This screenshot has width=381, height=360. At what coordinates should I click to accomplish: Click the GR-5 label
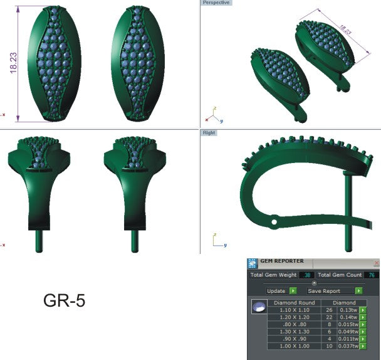pos(64,301)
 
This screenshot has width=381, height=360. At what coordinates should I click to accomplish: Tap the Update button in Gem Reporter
pos(276,291)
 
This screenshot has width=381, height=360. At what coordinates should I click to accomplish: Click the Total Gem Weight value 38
pos(307,275)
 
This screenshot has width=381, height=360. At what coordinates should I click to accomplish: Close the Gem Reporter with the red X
pos(376,263)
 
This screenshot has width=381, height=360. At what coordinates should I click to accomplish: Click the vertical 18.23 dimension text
pos(13,63)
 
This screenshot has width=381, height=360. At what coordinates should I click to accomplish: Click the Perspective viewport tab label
pos(216,3)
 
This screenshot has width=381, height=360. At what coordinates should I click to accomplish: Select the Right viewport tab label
pos(208,133)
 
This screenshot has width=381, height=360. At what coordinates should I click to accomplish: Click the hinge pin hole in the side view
pos(274,221)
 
